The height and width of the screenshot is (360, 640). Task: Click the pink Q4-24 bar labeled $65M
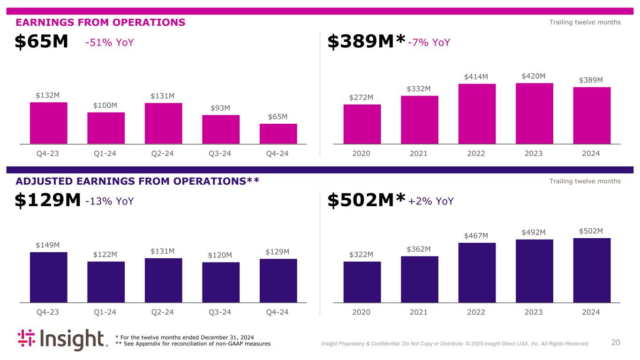pyautogui.click(x=278, y=134)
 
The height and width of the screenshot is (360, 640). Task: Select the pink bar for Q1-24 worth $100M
pyautogui.click(x=106, y=128)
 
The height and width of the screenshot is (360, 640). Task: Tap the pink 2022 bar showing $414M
pyautogui.click(x=477, y=113)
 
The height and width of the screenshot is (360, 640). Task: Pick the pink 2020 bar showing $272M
pyautogui.click(x=362, y=124)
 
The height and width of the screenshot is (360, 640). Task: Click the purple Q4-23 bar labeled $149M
pyautogui.click(x=48, y=277)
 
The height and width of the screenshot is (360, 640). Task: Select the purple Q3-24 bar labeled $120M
pyautogui.click(x=221, y=282)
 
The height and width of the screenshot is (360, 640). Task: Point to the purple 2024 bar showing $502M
pyautogui.click(x=592, y=270)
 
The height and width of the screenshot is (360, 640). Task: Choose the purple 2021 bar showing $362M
pyautogui.click(x=420, y=279)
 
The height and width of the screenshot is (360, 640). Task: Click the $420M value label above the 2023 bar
pyautogui.click(x=534, y=76)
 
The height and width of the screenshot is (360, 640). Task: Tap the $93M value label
pyautogui.click(x=220, y=108)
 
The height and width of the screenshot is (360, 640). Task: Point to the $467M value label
pyautogui.click(x=476, y=236)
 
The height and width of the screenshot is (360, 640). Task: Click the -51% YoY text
pyautogui.click(x=110, y=43)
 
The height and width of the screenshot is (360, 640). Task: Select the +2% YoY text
pyautogui.click(x=431, y=202)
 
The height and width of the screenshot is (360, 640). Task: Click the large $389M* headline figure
pyautogui.click(x=366, y=42)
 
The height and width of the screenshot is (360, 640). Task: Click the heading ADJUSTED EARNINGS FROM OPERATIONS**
pyautogui.click(x=137, y=181)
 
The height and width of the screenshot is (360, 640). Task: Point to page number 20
pyautogui.click(x=616, y=343)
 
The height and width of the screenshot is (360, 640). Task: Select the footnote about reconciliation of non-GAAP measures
pyautogui.click(x=193, y=344)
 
